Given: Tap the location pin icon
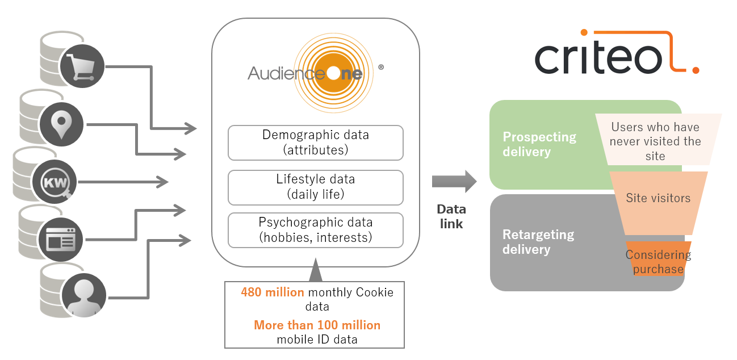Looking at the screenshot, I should (61, 125).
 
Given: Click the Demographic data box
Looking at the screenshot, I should (315, 143).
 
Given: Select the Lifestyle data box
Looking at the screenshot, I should (315, 187).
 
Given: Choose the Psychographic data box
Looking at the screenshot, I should (315, 230).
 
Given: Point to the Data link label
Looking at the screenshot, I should (451, 216).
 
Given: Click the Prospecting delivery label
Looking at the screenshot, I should (539, 145).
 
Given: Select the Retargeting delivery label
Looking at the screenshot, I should (538, 242).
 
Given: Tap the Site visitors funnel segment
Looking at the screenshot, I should (658, 198).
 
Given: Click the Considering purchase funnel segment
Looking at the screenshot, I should (658, 261).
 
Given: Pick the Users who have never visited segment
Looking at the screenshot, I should (655, 141).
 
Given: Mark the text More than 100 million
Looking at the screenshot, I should (317, 325).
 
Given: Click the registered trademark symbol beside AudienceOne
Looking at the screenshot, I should (380, 67).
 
